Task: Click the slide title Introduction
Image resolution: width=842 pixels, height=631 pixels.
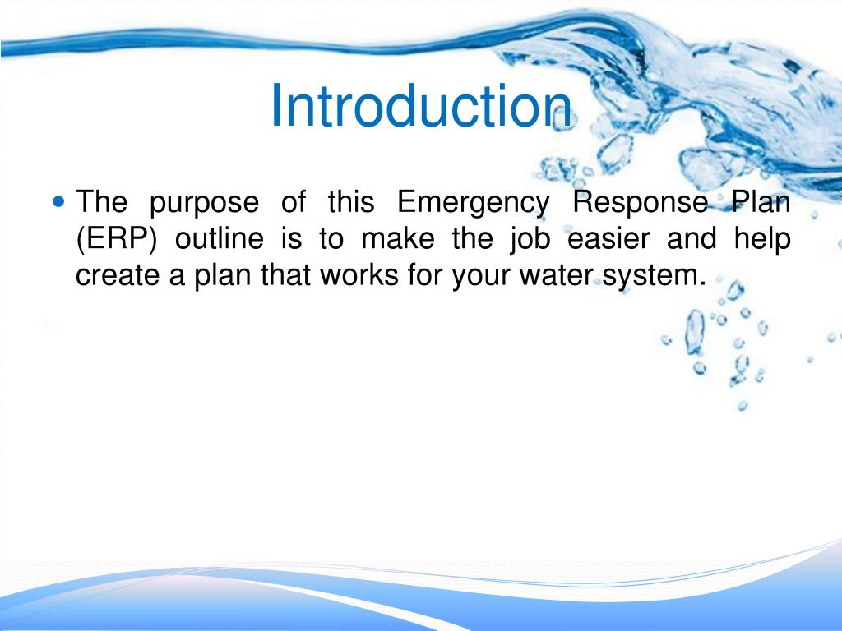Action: click(x=421, y=107)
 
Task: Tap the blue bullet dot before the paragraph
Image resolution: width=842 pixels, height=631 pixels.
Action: click(x=58, y=200)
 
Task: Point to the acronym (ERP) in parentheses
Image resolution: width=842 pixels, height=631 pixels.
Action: click(x=114, y=240)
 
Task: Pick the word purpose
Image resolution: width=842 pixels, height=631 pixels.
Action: click(x=204, y=203)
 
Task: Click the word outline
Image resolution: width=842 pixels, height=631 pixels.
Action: click(x=220, y=240)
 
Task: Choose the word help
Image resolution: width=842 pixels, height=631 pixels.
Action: click(x=764, y=240)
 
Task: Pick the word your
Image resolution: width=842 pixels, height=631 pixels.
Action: click(x=479, y=277)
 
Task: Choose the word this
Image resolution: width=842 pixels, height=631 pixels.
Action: click(x=349, y=203)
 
